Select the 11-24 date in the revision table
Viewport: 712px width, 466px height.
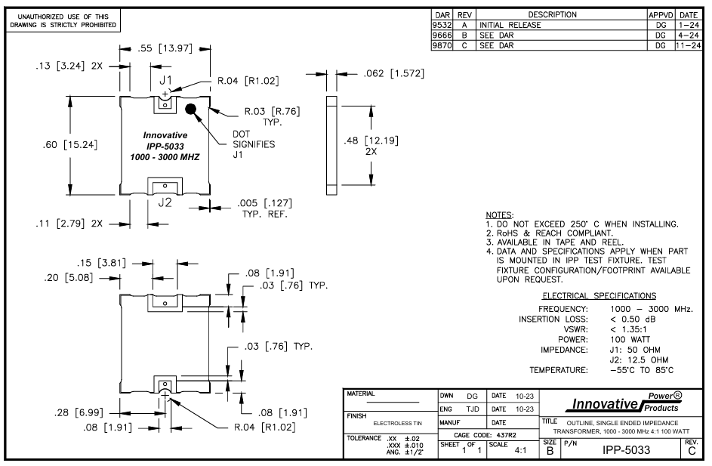(x=688, y=45)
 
